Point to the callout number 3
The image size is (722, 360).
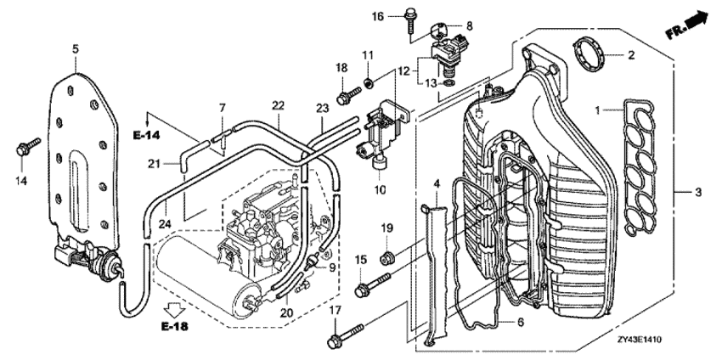698,193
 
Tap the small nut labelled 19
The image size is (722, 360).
384,256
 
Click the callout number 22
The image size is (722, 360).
278,104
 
